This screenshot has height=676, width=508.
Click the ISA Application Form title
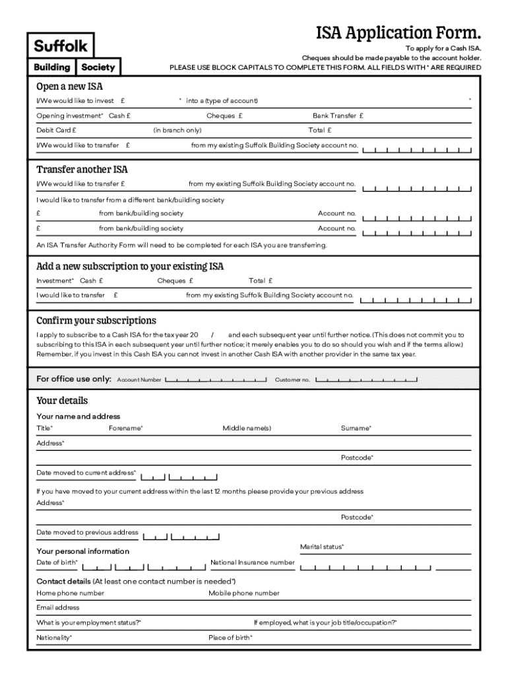[x=398, y=33]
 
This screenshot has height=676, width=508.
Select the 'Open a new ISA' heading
[x=69, y=86]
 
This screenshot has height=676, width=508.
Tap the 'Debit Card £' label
[x=56, y=130]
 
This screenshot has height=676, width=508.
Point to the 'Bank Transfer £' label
[x=338, y=116]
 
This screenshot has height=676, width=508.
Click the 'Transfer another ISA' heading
[x=82, y=169]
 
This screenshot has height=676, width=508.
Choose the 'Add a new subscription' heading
[x=130, y=266]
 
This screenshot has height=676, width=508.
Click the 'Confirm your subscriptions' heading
[x=96, y=320]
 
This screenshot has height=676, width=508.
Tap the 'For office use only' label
[x=74, y=379]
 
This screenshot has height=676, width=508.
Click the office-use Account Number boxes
[x=216, y=380]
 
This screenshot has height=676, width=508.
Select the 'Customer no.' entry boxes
[x=366, y=380]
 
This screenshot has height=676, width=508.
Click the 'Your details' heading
[x=62, y=400]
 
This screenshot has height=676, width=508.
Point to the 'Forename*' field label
[x=126, y=428]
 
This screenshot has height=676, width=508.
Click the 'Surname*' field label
[x=356, y=428]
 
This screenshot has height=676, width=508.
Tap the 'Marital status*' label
[x=322, y=547]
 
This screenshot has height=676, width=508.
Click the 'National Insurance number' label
[x=252, y=562]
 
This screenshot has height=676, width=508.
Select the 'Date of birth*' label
[x=57, y=562]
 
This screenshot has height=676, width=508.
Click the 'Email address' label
[x=58, y=607]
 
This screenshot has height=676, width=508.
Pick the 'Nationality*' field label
[x=54, y=638]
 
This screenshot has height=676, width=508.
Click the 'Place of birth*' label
[x=230, y=638]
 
